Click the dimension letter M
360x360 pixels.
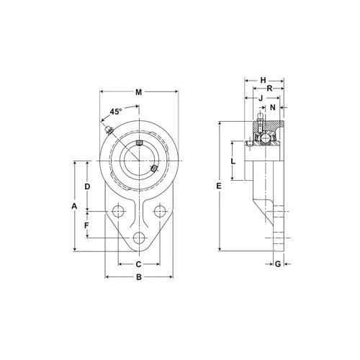[x=138, y=91]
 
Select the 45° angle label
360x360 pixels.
[x=115, y=112]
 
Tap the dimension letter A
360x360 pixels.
[x=73, y=206]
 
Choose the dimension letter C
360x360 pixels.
[x=138, y=264]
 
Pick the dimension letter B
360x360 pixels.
[x=138, y=276]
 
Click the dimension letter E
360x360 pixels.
[x=218, y=186]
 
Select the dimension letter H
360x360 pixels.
[x=263, y=81]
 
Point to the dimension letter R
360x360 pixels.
[x=269, y=89]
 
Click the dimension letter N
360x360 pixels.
[x=272, y=107]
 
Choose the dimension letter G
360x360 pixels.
[x=278, y=264]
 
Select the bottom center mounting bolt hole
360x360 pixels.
[x=139, y=238]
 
